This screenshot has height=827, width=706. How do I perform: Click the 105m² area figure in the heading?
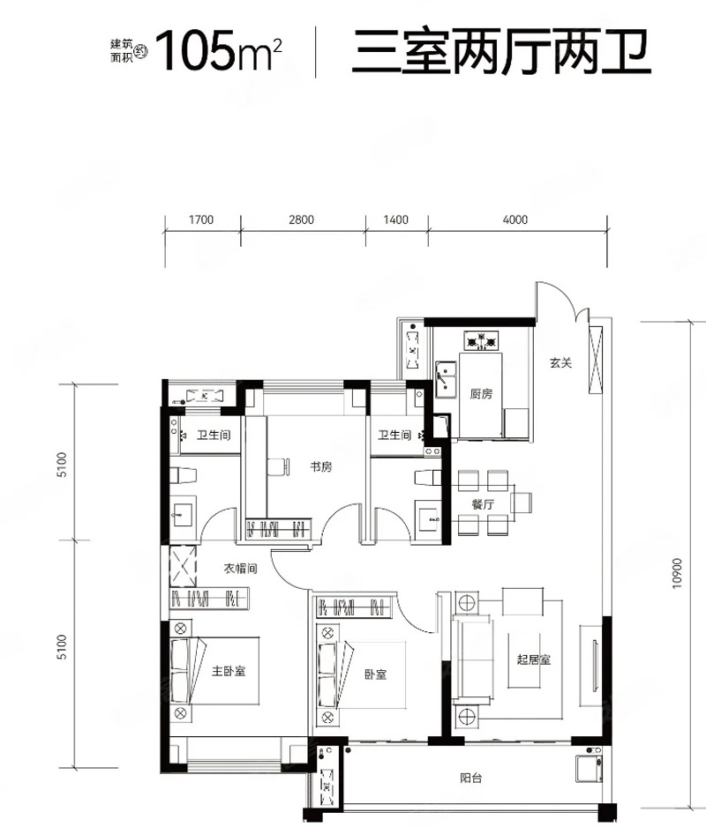point(219,51)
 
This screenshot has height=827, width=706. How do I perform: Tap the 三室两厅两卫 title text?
point(501,52)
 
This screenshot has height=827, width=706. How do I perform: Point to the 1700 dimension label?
point(200,220)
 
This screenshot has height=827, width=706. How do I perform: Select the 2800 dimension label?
point(301,220)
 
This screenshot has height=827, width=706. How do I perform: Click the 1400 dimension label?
point(396,220)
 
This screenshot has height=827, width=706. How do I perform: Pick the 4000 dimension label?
point(514,220)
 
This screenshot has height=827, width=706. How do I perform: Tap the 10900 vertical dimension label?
point(678,573)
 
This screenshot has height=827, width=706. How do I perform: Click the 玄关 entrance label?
point(560,363)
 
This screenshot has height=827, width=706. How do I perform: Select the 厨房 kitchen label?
point(481,394)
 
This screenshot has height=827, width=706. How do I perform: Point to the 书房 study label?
point(321,466)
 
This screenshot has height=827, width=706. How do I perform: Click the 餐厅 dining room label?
point(483,504)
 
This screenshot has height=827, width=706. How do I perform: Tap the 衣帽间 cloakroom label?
point(240,569)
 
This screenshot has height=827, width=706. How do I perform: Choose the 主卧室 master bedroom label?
point(229,671)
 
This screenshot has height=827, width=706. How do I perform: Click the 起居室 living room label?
point(534,659)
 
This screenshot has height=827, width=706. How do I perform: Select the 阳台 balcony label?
point(470,778)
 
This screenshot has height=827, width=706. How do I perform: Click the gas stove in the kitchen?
point(481,340)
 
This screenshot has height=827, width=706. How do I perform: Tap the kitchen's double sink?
point(447,379)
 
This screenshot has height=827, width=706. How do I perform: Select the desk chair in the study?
point(278,466)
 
